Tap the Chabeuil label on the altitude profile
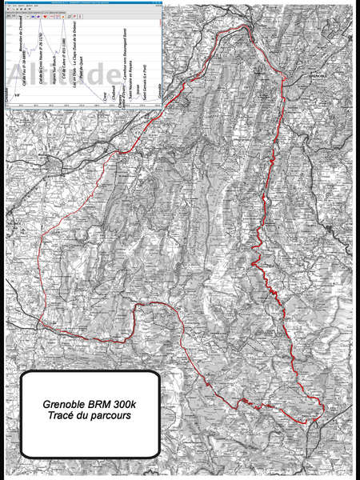coord(114,96)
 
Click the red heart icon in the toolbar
coord(45,16)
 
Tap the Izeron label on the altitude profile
coord(138,90)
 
